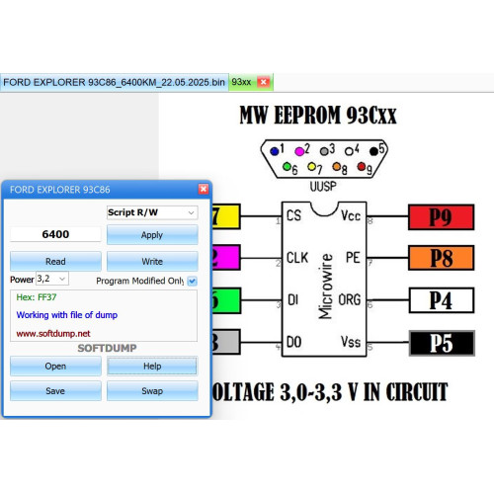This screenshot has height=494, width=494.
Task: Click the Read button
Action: (x=55, y=261)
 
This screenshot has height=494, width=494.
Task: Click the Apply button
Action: (x=152, y=235)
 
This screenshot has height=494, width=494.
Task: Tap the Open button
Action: (x=55, y=366)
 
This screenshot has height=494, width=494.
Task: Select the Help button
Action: (x=152, y=366)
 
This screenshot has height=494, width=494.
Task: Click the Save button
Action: (x=55, y=391)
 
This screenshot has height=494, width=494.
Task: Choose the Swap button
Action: (x=152, y=391)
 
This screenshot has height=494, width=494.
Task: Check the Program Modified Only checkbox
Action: (x=192, y=282)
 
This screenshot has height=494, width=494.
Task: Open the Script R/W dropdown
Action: (x=152, y=212)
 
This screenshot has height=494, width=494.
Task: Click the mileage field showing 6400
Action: (x=55, y=234)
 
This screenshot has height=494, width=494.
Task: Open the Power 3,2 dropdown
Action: (x=52, y=279)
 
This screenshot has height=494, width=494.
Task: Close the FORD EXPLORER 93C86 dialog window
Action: (x=204, y=189)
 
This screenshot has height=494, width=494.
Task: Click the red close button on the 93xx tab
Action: (x=263, y=82)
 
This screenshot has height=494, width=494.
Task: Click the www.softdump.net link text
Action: (x=53, y=334)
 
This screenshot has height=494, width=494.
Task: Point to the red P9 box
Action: (x=442, y=217)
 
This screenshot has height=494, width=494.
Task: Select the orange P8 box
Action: (x=442, y=258)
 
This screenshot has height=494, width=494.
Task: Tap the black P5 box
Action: (x=442, y=343)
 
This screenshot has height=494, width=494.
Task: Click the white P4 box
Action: (x=442, y=300)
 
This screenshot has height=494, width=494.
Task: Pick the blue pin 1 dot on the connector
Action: (x=274, y=151)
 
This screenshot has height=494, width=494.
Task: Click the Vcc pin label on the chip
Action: (x=351, y=215)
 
